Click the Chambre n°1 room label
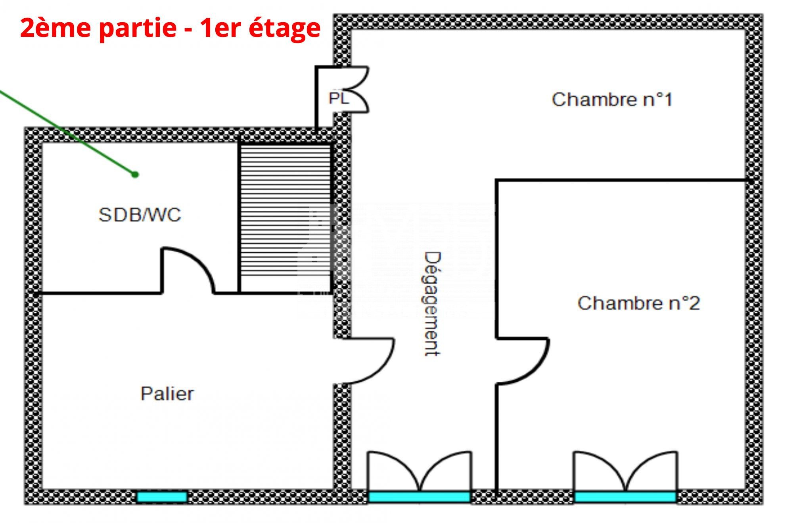click(612, 100)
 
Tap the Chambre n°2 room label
click(638, 303)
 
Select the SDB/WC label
click(140, 215)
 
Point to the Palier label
click(167, 394)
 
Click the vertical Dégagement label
click(431, 304)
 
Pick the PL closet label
click(338, 98)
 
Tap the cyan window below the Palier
click(162, 497)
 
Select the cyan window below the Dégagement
click(419, 497)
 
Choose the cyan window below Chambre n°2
click(625, 497)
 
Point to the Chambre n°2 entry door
click(523, 361)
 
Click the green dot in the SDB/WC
click(135, 174)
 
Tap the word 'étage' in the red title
click(284, 29)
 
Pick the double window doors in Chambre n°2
click(625, 472)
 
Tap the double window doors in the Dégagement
click(419, 472)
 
